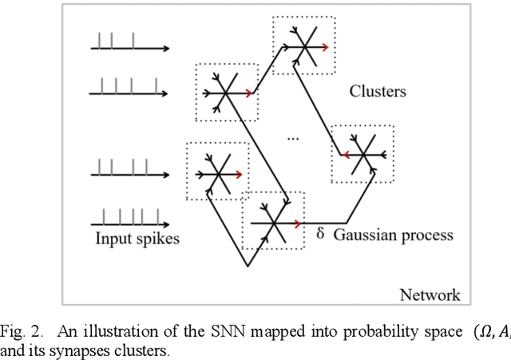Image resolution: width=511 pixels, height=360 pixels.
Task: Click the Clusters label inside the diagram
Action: pos(378,91)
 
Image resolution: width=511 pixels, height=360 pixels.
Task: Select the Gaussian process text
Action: pos(393,235)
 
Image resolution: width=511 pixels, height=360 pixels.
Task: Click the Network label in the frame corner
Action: pos(430,295)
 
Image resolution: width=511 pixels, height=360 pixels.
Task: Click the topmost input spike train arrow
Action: pos(129,48)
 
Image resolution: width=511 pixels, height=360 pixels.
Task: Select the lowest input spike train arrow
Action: pos(129,220)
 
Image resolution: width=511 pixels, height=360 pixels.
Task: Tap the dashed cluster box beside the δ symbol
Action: pos(273,221)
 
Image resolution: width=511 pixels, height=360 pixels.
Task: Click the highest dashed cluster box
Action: pos(303,46)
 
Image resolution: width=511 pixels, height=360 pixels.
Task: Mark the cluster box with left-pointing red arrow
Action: pos(362,153)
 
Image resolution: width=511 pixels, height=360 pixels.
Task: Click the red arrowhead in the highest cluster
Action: pos(323,46)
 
